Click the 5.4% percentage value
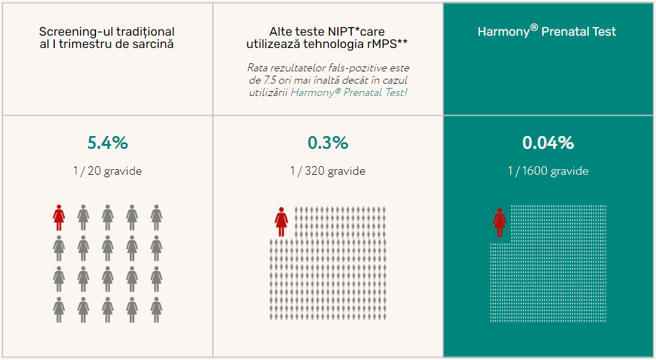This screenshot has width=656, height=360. tap(108, 143)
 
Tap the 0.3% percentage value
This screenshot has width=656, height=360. tap(327, 143)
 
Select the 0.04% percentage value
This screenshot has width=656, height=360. tap(548, 143)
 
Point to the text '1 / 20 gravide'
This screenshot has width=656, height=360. tap(108, 171)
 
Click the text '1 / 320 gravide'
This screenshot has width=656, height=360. tap(327, 171)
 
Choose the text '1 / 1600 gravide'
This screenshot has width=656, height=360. tap(548, 171)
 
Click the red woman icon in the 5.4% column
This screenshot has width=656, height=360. tap(59, 217)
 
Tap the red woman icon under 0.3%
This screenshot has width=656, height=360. tap(281, 222)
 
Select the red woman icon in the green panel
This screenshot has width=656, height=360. tap(500, 222)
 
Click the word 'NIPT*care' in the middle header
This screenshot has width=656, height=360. tap(358, 31)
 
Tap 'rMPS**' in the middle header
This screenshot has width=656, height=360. tap(388, 44)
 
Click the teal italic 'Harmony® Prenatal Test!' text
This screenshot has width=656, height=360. tap(349, 92)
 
